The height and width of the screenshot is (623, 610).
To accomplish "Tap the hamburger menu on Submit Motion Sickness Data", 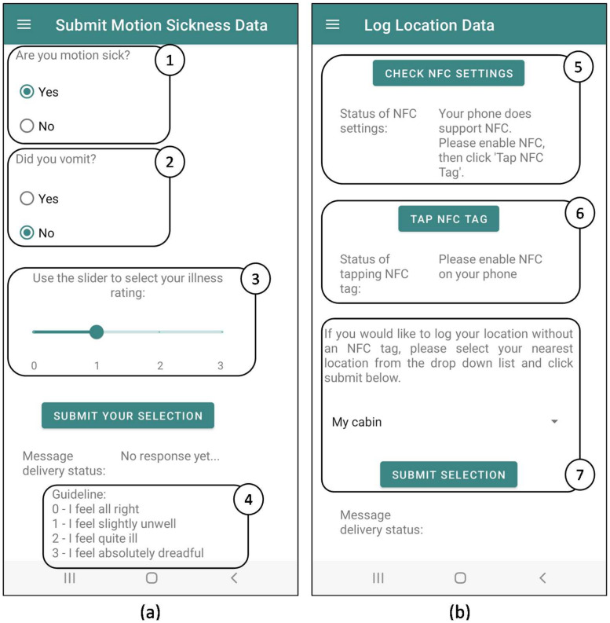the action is click(x=24, y=24).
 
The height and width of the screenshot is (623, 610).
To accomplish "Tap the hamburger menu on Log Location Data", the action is click(x=332, y=24).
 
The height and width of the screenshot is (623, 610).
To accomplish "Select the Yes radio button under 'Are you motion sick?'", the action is click(x=27, y=92).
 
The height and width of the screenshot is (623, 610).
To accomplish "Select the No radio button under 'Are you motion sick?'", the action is click(x=27, y=126).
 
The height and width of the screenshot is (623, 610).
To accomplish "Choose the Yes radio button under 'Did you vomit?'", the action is click(x=27, y=198).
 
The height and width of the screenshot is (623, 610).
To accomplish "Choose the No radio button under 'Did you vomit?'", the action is click(x=27, y=233).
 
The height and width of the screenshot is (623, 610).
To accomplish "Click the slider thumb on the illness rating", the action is click(x=97, y=332).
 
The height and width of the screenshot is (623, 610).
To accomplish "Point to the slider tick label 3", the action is click(x=221, y=365).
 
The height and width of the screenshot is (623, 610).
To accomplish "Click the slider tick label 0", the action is click(x=35, y=365).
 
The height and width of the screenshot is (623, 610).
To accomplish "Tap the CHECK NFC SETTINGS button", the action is click(x=448, y=73).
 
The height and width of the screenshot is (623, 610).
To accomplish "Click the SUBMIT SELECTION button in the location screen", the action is click(x=448, y=475).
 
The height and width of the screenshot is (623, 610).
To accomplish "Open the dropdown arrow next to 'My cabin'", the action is click(x=554, y=422).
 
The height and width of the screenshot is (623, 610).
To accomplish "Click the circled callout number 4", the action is click(x=249, y=500).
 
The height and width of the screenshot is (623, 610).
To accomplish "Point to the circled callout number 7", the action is click(x=580, y=475).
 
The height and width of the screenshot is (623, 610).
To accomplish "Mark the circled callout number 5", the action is click(x=579, y=67).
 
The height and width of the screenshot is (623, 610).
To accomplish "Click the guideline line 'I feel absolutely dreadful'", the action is click(x=128, y=553).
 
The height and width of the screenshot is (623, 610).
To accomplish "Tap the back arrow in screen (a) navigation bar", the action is click(x=234, y=577).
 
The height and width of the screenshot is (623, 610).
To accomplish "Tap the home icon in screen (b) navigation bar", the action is click(x=460, y=577).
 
